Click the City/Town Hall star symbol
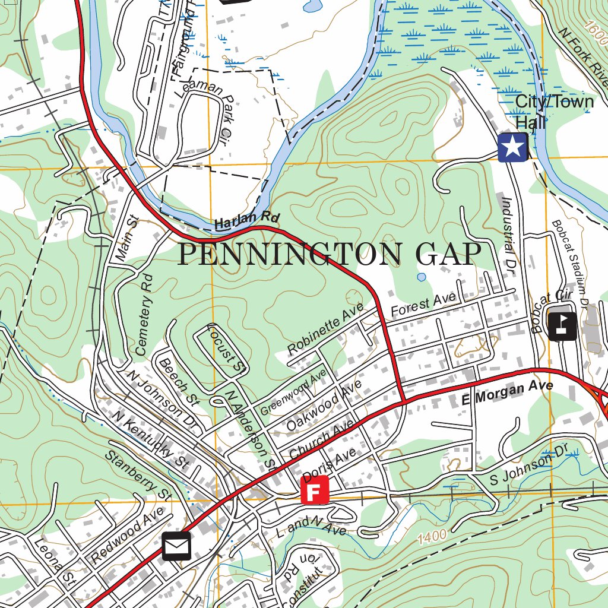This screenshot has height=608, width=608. click(513, 147)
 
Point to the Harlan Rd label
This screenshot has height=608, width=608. click(238, 222)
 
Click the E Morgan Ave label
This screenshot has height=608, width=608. click(507, 394)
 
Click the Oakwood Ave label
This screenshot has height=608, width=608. click(323, 407)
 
